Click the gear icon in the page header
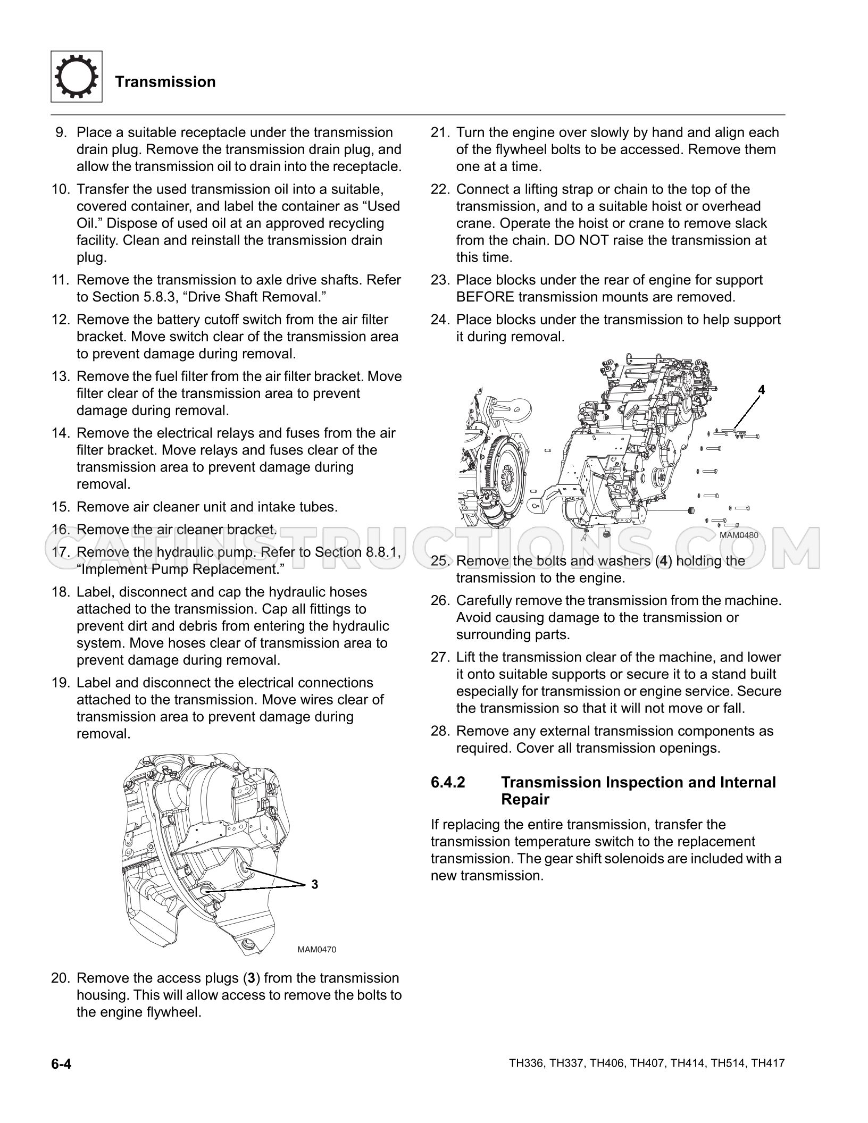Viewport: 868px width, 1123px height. click(77, 77)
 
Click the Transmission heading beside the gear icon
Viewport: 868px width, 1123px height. click(165, 82)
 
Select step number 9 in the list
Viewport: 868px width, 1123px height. click(62, 132)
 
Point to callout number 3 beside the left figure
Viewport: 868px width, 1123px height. click(314, 884)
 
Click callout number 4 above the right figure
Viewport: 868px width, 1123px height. click(761, 390)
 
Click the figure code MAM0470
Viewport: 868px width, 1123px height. click(316, 950)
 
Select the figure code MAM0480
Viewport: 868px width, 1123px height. click(739, 535)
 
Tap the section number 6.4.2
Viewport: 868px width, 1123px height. click(448, 782)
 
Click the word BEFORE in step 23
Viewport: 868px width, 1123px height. click(485, 297)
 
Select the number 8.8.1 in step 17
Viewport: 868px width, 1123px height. click(381, 552)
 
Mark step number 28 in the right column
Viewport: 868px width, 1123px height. click(440, 731)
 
